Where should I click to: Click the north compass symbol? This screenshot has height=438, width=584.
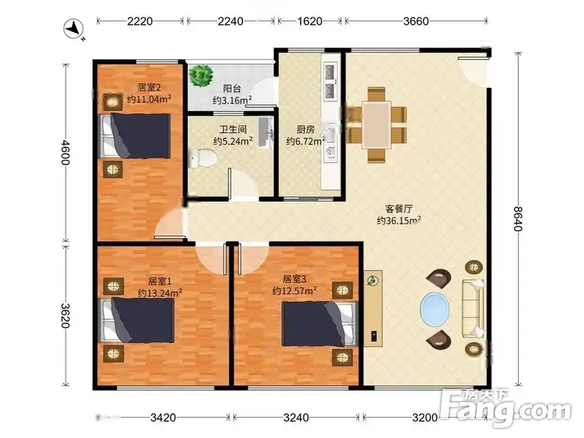coord(74,29)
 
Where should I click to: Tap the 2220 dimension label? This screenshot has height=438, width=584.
coord(140,21)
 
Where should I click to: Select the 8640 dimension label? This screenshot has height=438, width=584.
coord(518,218)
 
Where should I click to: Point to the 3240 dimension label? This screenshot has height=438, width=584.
coord(296,418)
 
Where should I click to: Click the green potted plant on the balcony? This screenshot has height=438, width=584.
coord(201,76)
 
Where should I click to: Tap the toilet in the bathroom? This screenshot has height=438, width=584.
coord(202,158)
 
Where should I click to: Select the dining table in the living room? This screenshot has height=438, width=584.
coord(376,125)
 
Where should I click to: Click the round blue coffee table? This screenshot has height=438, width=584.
coord(434,310)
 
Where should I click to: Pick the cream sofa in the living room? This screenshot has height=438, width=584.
coord(473,309)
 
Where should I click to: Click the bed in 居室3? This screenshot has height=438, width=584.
coord(319,323)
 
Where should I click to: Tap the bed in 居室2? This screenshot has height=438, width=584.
coord(134,136)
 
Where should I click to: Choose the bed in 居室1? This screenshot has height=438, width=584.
coord(137,320)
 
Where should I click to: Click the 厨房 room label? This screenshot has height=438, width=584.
coord(305,129)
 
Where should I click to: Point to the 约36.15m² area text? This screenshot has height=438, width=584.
coord(399,220)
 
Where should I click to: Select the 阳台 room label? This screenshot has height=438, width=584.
coord(231,88)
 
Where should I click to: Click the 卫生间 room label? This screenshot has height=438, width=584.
coord(233,129)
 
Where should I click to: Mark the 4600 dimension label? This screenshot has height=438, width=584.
coord(65,153)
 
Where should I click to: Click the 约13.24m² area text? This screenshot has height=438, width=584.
coord(160,293)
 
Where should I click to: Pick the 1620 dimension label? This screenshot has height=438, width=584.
coord(310,21)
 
